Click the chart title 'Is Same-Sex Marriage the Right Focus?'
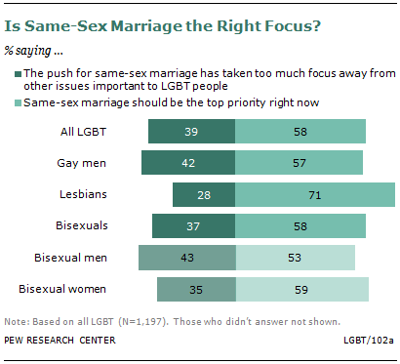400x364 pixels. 162,26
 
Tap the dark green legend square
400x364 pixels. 19,74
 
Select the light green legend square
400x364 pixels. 19,103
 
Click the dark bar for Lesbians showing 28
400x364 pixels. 204,194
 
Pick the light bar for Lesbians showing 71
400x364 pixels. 315,194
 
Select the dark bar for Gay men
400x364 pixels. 188,163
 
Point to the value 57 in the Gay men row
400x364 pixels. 300,163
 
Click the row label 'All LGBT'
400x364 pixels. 83,132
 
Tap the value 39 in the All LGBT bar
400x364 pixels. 191,132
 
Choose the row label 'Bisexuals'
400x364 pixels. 82,225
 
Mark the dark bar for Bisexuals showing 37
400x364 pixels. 193,225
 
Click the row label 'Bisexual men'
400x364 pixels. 70,258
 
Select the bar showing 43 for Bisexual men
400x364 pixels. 187,258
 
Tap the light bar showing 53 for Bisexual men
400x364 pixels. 296,258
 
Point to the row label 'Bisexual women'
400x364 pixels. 62,289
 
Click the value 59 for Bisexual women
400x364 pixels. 301,290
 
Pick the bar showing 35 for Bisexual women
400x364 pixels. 196,289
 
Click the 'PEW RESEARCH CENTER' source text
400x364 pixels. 60,341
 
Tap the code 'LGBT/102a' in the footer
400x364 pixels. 369,341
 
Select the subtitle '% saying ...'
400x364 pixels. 33,51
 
